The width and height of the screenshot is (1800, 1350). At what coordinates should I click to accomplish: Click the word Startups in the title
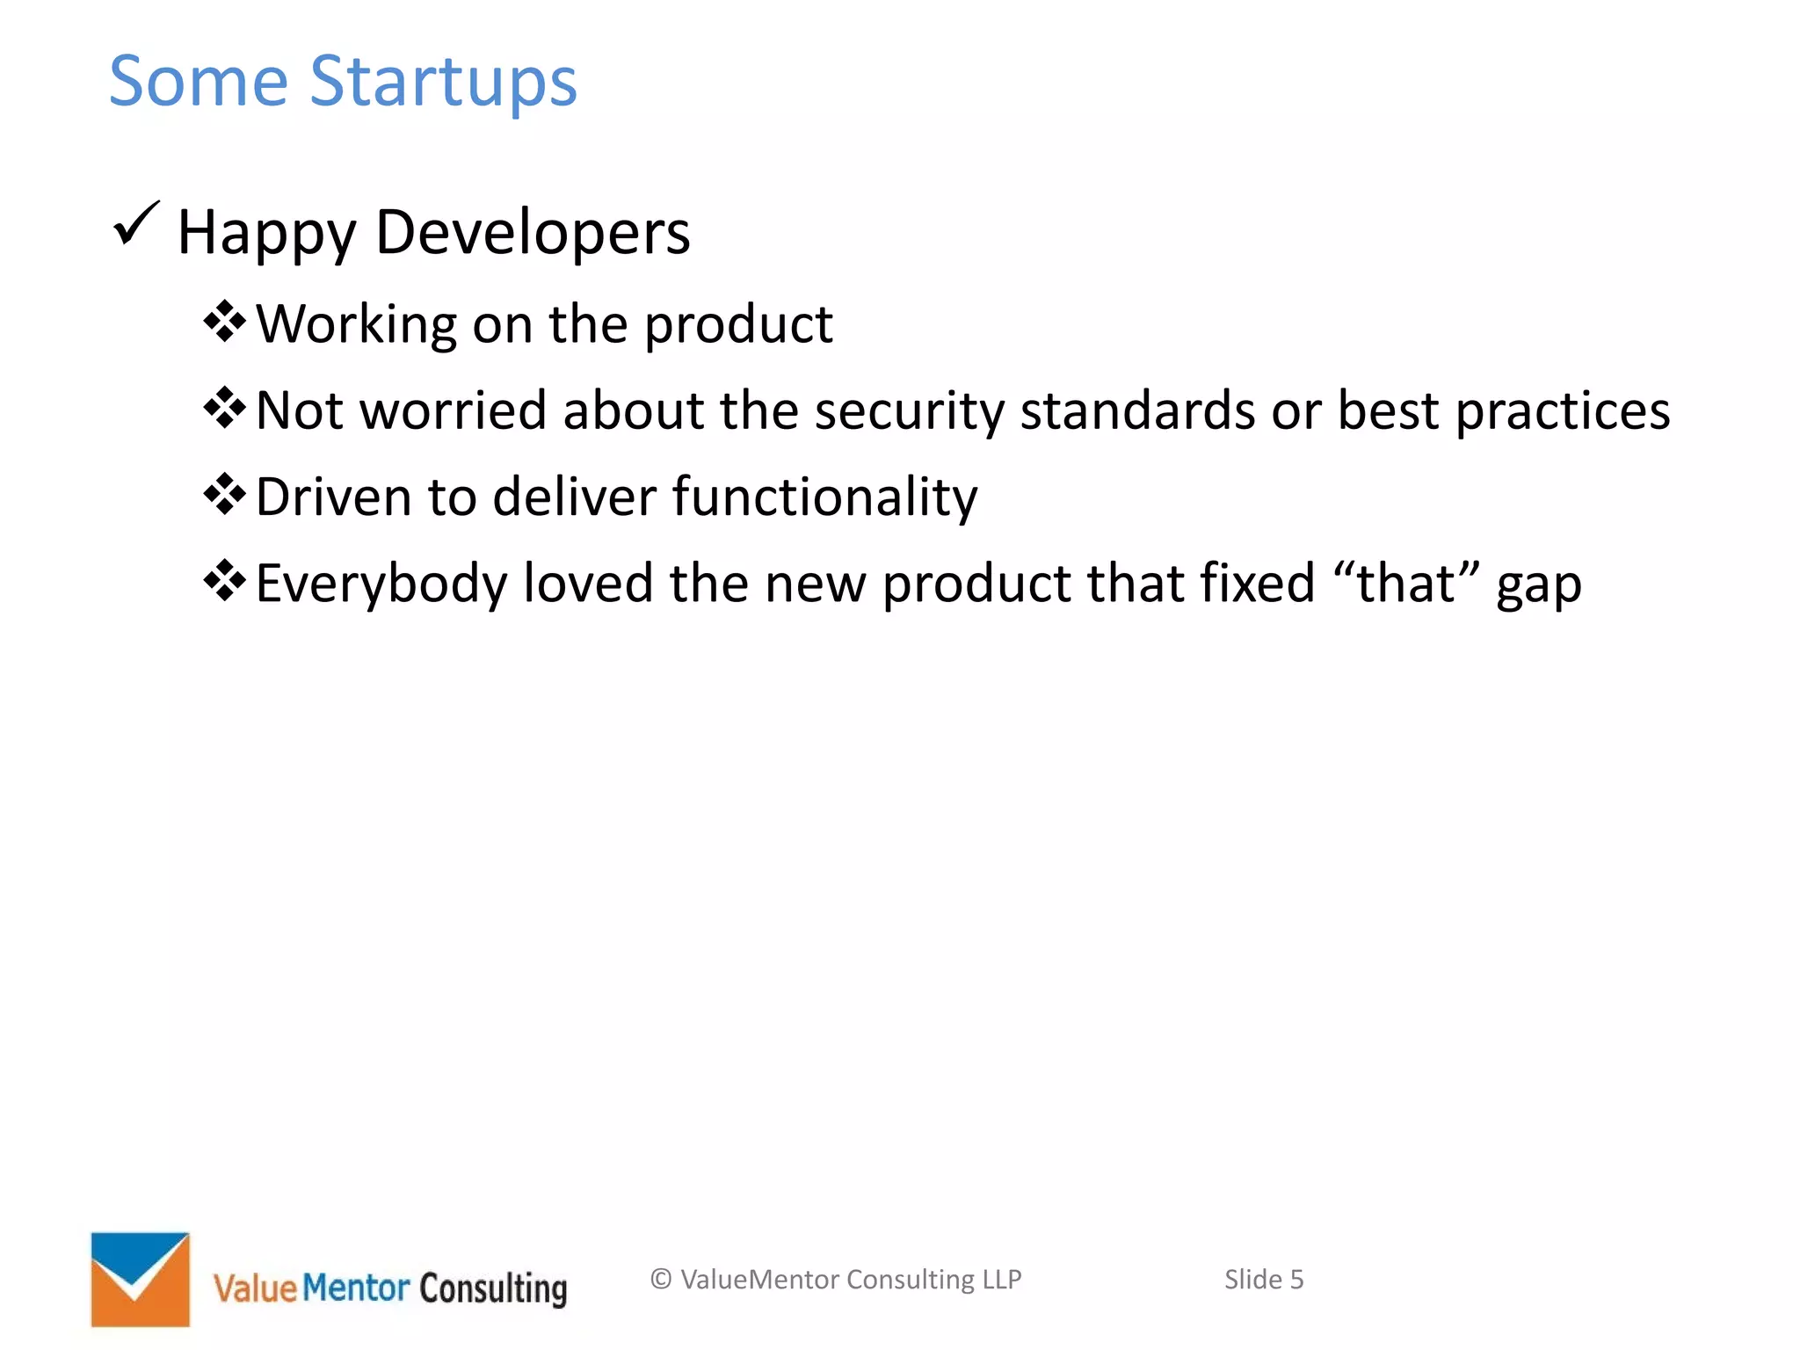(x=443, y=83)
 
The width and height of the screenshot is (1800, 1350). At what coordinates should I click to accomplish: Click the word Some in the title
(x=199, y=81)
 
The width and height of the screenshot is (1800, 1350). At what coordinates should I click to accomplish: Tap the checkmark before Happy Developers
(x=136, y=224)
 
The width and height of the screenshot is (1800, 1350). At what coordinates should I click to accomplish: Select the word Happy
(x=266, y=234)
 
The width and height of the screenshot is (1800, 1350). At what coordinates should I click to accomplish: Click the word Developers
(x=533, y=233)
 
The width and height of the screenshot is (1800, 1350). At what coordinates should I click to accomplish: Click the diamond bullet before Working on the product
(x=224, y=322)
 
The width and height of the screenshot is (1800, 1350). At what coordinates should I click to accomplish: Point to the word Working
(x=356, y=325)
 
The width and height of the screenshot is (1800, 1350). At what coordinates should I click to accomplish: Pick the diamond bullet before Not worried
(x=224, y=408)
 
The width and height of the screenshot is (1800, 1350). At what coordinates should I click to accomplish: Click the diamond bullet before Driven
(x=224, y=494)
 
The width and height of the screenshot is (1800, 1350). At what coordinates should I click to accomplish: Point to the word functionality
(x=824, y=497)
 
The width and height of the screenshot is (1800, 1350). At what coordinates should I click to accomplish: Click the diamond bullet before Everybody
(x=224, y=580)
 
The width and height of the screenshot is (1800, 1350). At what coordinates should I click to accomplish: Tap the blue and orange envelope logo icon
(x=141, y=1279)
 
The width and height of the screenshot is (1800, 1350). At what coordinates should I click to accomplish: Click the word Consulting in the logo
(x=493, y=1288)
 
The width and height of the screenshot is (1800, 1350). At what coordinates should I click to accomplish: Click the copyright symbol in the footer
(x=661, y=1279)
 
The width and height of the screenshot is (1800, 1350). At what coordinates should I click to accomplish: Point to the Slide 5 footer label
(x=1263, y=1279)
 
